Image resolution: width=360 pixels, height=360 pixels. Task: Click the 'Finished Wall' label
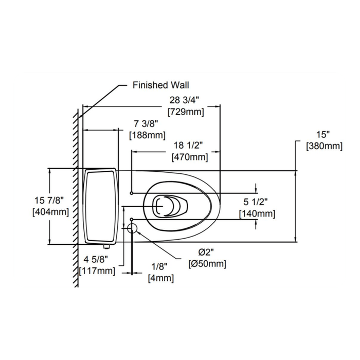(x=160, y=85)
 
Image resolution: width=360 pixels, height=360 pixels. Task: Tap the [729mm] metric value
(x=186, y=112)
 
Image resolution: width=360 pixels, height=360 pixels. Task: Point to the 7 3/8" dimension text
(x=147, y=123)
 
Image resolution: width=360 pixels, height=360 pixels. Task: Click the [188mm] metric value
(x=147, y=135)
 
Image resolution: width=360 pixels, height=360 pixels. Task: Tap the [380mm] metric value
(x=324, y=146)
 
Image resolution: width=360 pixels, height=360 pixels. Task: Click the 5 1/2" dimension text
(x=256, y=202)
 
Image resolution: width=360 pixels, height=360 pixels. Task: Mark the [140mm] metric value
(x=257, y=213)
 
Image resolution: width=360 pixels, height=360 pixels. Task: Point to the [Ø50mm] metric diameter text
(x=207, y=264)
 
